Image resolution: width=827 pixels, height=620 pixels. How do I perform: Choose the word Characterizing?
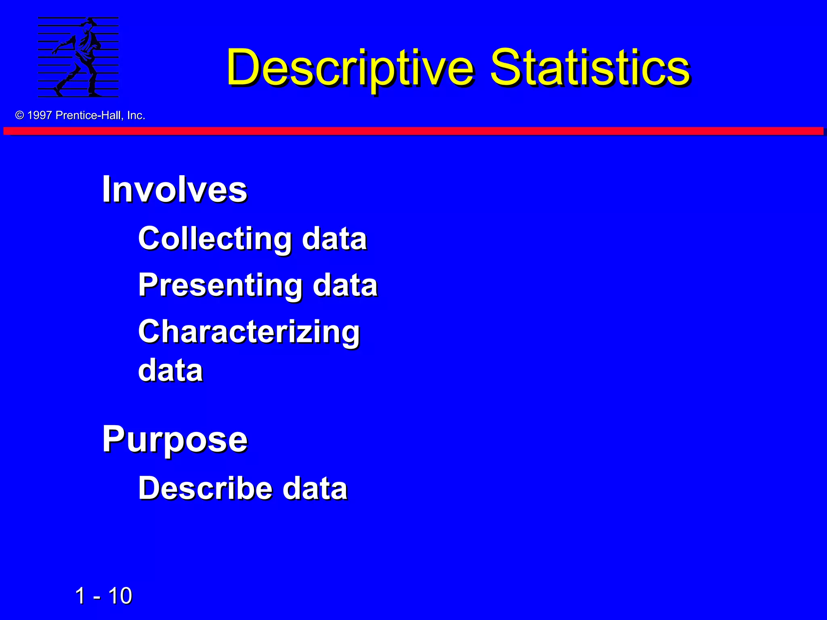[249, 332]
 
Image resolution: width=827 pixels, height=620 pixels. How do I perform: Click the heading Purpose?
[174, 439]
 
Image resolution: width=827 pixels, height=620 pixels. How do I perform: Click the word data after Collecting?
[334, 238]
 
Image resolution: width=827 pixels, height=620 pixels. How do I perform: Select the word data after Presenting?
[345, 285]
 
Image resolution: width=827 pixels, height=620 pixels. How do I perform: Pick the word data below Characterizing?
[170, 370]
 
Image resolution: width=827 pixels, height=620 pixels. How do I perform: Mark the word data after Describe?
[315, 488]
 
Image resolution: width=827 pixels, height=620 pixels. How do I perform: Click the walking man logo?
[78, 57]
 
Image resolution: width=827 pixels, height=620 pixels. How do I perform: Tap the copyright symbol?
[19, 115]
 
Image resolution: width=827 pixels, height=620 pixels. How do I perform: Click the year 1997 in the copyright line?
[40, 115]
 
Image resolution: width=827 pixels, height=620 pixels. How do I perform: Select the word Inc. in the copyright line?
[136, 115]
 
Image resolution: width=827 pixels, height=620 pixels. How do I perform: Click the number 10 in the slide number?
[120, 596]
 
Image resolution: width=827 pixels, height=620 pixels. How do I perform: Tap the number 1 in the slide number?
[80, 596]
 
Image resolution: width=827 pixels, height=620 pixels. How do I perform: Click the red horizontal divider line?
[413, 131]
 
